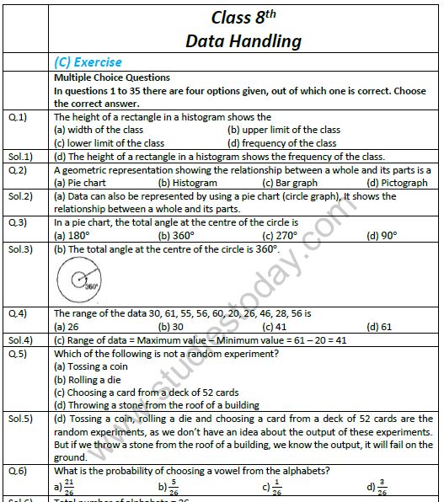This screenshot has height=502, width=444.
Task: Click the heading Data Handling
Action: tap(243, 40)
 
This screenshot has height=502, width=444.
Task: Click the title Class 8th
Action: tap(243, 17)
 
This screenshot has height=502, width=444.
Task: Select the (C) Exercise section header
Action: tap(87, 62)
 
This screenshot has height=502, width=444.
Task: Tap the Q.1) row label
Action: tap(18, 117)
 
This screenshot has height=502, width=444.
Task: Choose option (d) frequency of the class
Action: tap(282, 143)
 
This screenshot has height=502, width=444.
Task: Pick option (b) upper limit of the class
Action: tap(284, 130)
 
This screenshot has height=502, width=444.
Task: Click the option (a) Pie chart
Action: tap(80, 183)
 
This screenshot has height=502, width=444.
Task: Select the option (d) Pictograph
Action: tap(399, 183)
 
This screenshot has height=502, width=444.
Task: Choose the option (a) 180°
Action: tap(72, 236)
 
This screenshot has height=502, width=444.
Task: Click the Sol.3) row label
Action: tap(20, 249)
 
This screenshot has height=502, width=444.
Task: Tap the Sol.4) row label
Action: tap(20, 339)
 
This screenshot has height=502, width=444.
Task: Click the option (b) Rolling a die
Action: tap(86, 379)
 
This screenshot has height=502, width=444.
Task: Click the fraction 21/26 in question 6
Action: tap(70, 486)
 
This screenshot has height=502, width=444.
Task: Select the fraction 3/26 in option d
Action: tap(382, 486)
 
